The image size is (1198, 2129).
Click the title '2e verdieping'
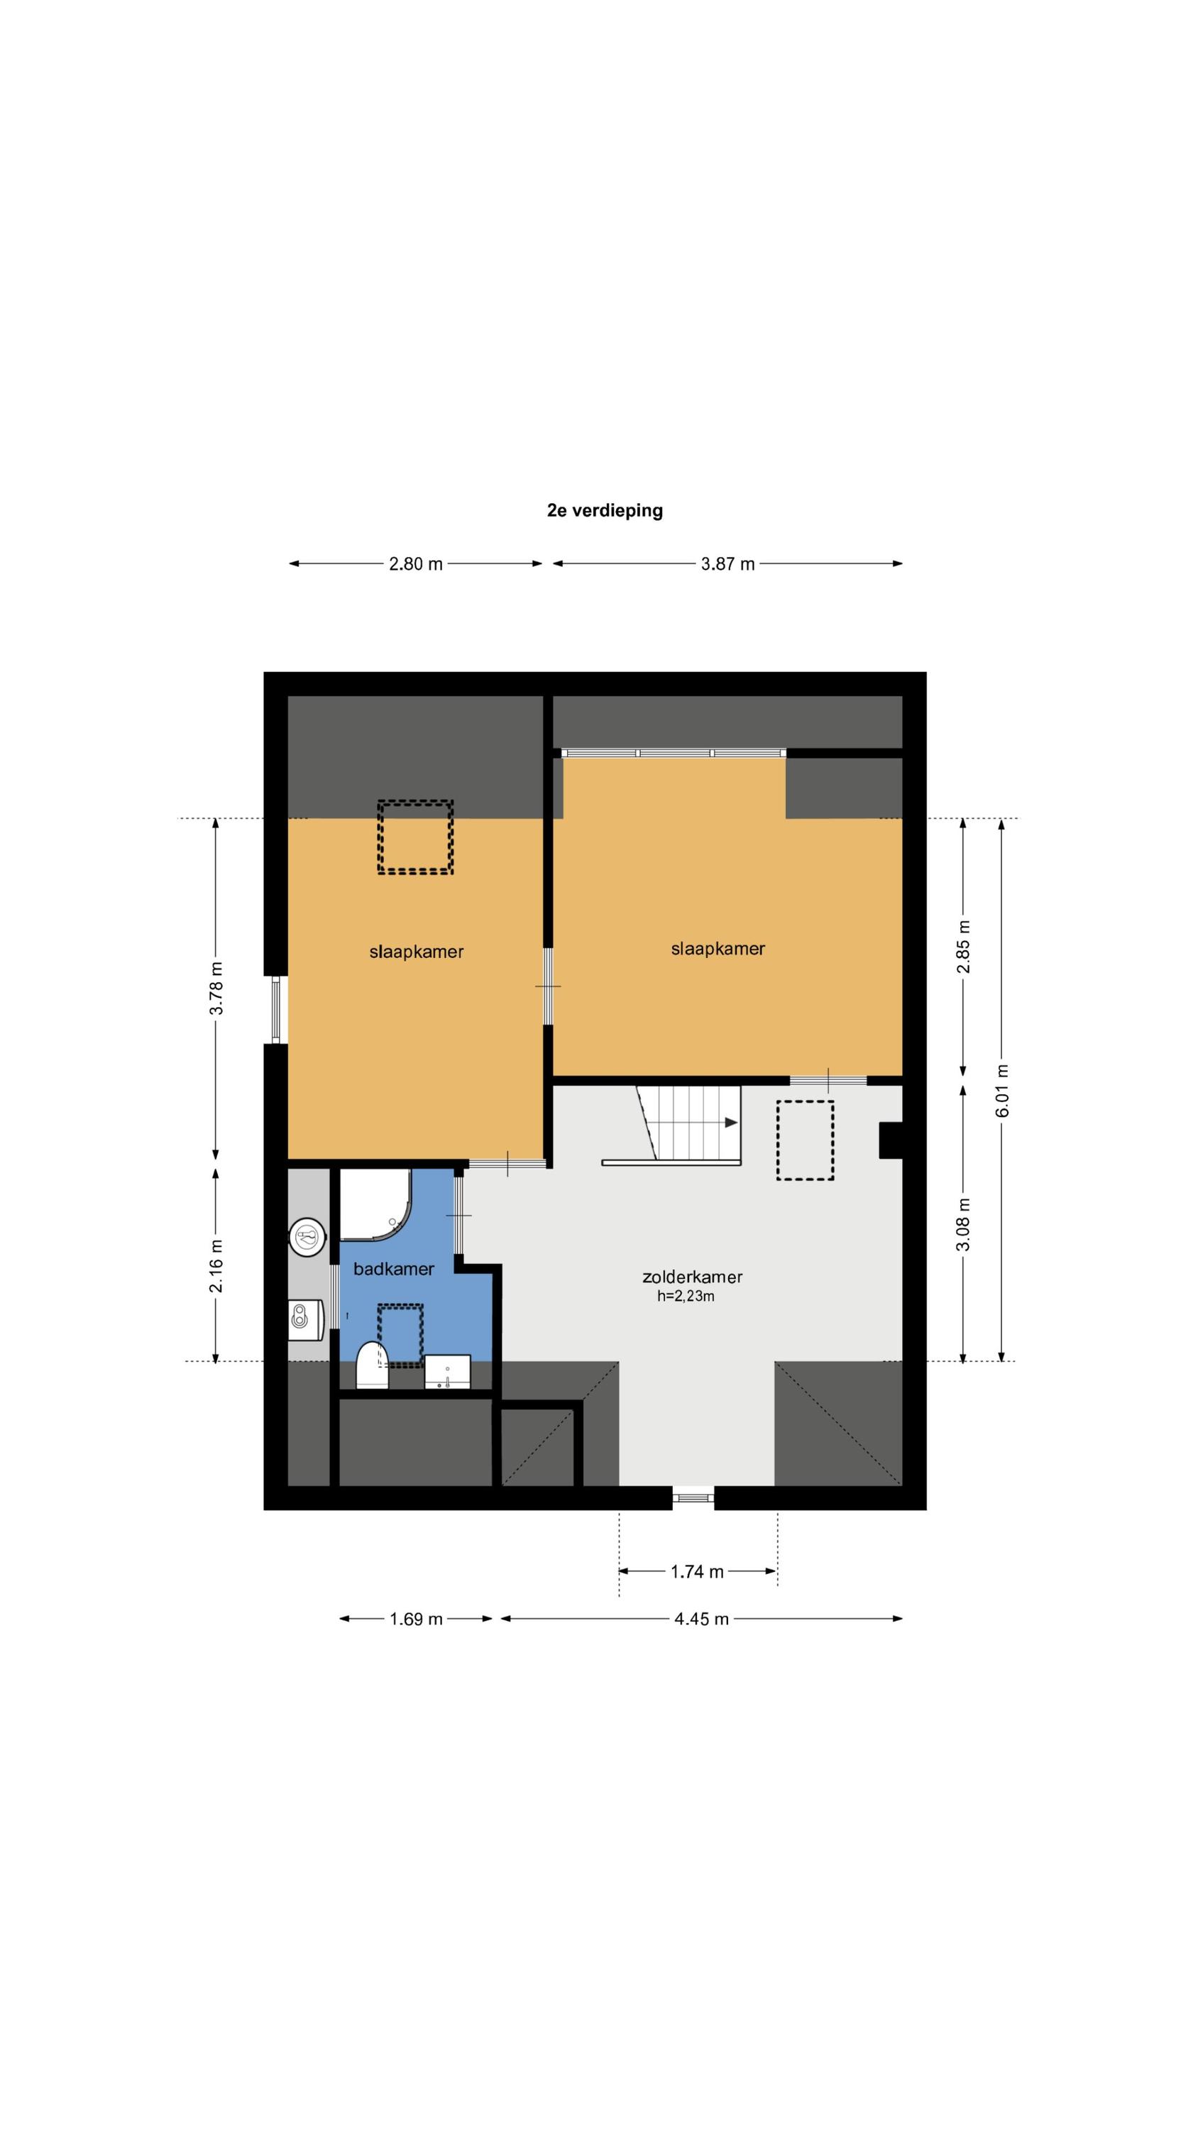click(x=605, y=510)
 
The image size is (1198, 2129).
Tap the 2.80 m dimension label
click(x=416, y=563)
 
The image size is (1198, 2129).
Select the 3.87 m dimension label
click(x=727, y=563)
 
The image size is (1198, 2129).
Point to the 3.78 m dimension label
click(x=216, y=988)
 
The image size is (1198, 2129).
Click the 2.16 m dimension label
click(x=216, y=1265)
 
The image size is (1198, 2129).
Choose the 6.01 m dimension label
click(x=1002, y=1090)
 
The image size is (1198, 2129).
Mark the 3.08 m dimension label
click(x=963, y=1224)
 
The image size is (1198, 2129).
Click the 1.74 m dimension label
click(x=697, y=1571)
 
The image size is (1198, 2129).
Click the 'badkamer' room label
click(x=394, y=1269)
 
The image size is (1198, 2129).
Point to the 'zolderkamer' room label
click(x=692, y=1277)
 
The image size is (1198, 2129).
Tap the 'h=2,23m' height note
click(x=686, y=1296)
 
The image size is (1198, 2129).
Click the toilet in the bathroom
click(x=372, y=1365)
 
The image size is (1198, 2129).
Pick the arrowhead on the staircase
click(x=731, y=1123)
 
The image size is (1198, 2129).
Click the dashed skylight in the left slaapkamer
click(x=415, y=837)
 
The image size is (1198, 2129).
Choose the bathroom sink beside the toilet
click(x=447, y=1372)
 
